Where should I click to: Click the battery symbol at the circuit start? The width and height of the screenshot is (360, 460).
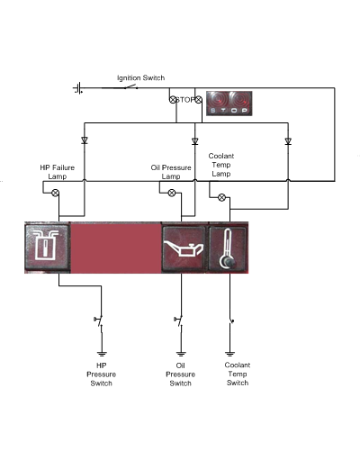[x=78, y=88]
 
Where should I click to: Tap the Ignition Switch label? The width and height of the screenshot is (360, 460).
[x=140, y=78]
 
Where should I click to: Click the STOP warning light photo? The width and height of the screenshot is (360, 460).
[x=229, y=104]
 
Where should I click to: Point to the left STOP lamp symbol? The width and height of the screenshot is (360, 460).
[x=173, y=100]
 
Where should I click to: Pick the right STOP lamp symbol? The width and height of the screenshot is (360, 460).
[x=199, y=100]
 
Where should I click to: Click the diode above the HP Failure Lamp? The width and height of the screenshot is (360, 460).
[x=85, y=140]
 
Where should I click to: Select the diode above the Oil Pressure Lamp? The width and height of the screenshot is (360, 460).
[x=195, y=140]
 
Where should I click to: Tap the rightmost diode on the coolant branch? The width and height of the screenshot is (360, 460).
[x=288, y=140]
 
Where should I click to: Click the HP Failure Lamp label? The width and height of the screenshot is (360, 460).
[x=58, y=172]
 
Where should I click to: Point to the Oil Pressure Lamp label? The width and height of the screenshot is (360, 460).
[x=171, y=172]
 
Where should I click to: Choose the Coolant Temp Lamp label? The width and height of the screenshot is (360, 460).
[x=221, y=165]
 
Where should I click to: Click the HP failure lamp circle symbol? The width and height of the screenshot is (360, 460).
[x=56, y=193]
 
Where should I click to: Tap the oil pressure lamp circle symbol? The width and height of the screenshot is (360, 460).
[x=172, y=193]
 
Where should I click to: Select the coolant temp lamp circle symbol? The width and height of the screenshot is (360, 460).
[x=221, y=197]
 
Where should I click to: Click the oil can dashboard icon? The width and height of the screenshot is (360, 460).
[x=184, y=248]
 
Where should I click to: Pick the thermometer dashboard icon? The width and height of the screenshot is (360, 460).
[x=228, y=248]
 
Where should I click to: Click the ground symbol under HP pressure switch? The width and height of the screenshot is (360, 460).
[x=102, y=354]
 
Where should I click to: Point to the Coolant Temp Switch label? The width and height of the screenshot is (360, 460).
[x=238, y=374]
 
